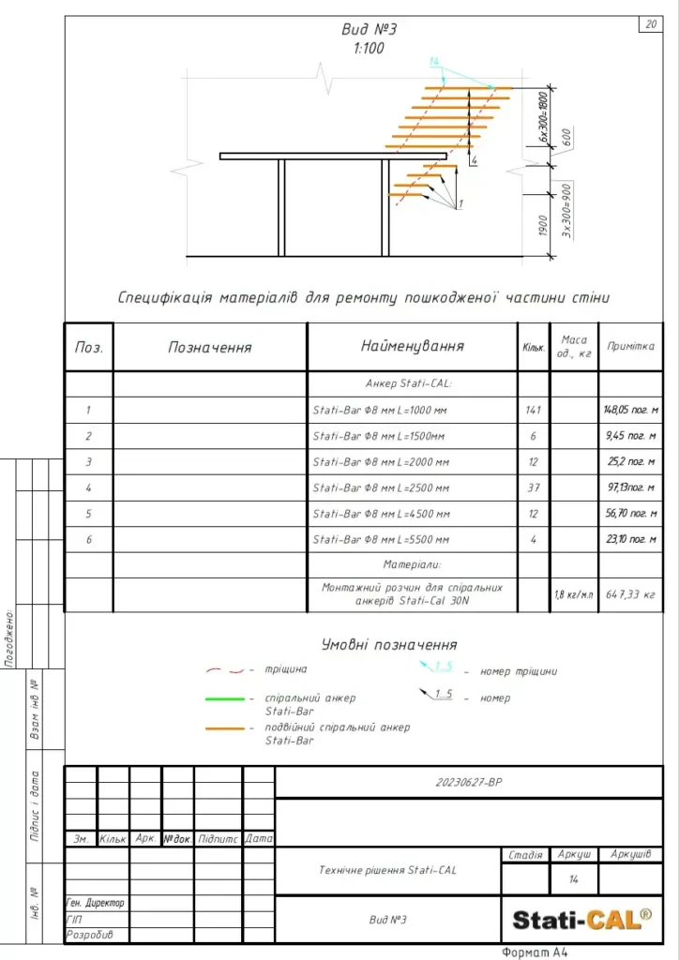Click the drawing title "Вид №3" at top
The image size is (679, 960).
point(370,30)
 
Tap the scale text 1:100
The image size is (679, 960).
point(370,49)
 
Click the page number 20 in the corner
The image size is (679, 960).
point(651,24)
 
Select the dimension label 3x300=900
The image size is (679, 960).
point(567,210)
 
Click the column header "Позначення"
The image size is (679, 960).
point(210,347)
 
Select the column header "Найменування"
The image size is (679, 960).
point(413,346)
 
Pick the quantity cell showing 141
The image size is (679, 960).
point(532,410)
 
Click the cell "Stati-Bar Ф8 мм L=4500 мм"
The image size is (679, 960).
point(382,514)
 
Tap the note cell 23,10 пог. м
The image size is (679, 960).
point(629,540)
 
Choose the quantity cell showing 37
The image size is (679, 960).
point(532,488)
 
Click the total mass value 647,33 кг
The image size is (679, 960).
point(629,594)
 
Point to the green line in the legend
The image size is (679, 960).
point(225,698)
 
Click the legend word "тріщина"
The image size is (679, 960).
point(286,669)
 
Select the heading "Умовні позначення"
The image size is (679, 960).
point(389,645)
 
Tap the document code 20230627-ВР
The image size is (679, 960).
point(470,782)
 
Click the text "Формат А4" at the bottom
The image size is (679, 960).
point(536,952)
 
